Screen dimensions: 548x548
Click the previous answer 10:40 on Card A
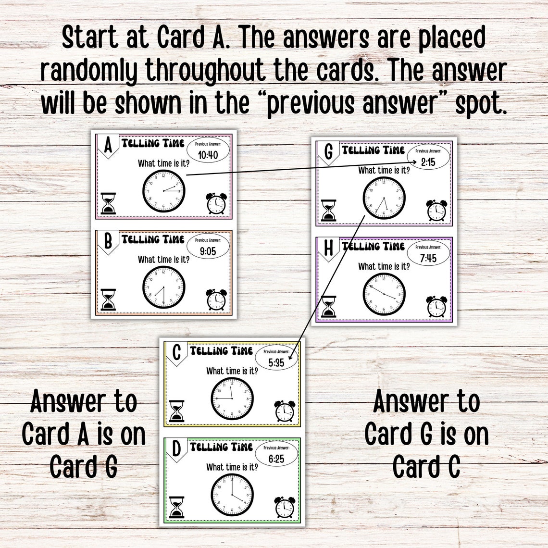[x=208, y=155]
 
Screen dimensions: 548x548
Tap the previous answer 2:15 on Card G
[x=427, y=162]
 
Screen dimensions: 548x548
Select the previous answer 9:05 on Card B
[x=208, y=251]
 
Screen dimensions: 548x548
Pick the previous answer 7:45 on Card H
[x=427, y=258]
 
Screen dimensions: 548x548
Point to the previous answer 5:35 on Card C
[x=276, y=362]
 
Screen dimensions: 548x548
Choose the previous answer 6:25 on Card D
[x=276, y=459]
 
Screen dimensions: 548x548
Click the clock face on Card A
[x=163, y=192]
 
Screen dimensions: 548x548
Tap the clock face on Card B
[x=163, y=288]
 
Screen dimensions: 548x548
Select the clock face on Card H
[x=384, y=294]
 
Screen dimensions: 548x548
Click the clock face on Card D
[x=232, y=495]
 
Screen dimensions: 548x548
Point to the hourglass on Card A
[x=109, y=203]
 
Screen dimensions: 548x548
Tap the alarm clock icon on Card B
[x=216, y=299]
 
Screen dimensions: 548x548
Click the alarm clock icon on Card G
[x=436, y=211]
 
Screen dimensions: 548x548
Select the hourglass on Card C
[x=177, y=411]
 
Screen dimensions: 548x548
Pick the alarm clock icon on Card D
[x=285, y=508]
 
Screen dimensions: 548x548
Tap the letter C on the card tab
[x=176, y=352]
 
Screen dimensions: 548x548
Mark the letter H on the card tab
[x=329, y=249]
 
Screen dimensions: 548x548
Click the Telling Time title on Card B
[x=153, y=239]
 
